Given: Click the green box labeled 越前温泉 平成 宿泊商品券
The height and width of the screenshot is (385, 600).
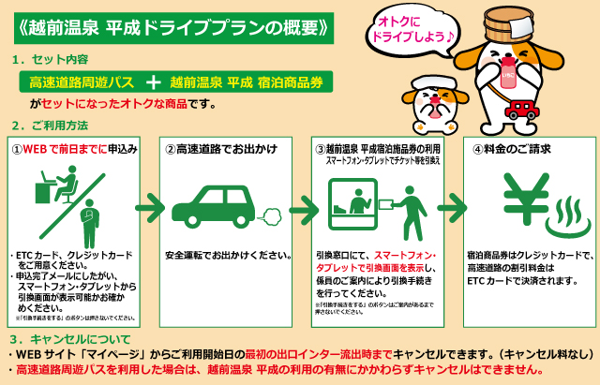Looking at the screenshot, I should coord(247,82).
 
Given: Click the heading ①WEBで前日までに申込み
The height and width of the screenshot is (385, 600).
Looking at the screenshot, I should coord(75,148).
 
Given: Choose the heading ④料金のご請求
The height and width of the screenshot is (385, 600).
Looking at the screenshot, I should coord(511,148).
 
